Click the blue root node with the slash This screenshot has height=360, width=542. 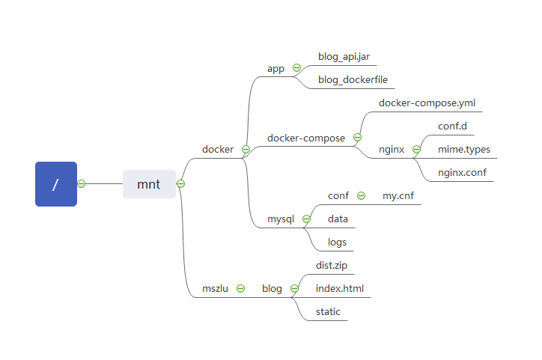point(56,184)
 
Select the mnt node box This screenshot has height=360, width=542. point(149,184)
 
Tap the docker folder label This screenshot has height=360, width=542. point(218,149)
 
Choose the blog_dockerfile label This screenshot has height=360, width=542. point(352,80)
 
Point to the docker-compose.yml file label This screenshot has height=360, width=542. point(427,103)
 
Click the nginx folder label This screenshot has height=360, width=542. point(392,149)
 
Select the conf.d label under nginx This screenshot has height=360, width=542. point(452,126)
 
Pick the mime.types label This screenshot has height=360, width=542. point(464,149)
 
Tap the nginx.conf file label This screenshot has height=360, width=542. point(462,172)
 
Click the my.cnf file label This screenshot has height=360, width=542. point(398,195)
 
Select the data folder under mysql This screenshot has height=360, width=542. point(338,219)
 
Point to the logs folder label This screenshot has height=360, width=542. point(337,242)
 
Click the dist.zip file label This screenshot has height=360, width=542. point(332,265)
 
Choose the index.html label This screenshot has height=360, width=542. point(340,288)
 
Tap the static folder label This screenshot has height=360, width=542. point(328,311)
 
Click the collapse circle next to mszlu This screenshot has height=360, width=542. point(240,288)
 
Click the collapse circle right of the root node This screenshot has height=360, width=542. point(82,184)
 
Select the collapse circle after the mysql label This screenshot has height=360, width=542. point(306,219)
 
